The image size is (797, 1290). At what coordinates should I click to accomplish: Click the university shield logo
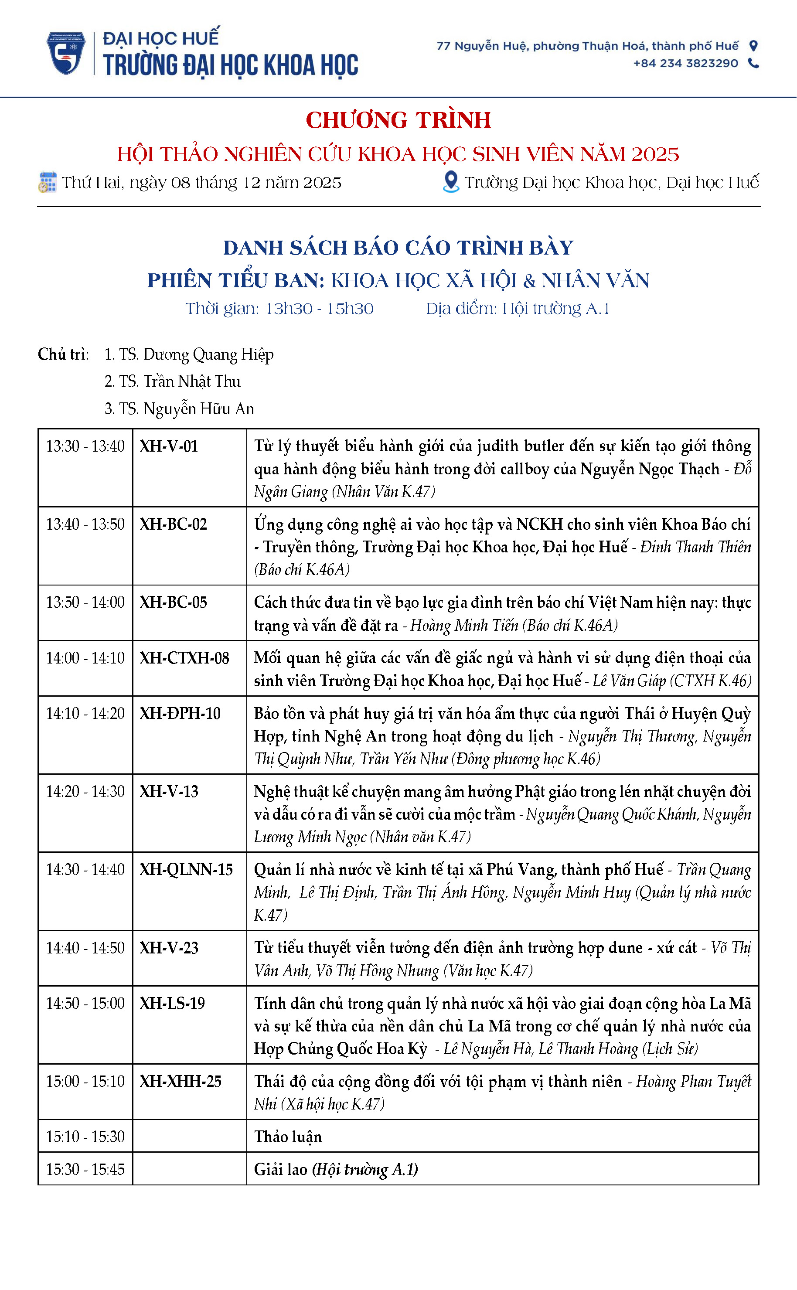click(66, 53)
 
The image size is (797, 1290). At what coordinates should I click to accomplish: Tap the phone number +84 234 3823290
click(685, 63)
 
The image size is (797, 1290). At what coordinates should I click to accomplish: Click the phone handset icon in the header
click(754, 63)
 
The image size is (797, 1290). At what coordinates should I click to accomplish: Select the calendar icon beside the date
click(48, 182)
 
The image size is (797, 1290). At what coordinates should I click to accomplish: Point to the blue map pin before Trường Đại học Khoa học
click(451, 182)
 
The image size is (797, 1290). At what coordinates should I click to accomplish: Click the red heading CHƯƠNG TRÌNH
click(398, 120)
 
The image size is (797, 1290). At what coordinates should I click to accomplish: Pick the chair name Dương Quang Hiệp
click(208, 354)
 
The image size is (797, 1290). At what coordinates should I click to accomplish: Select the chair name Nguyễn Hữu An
click(199, 409)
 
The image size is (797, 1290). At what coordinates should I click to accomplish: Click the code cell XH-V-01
click(169, 446)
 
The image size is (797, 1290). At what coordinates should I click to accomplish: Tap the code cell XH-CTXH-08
click(184, 658)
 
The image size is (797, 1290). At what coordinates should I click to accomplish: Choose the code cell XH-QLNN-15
click(186, 869)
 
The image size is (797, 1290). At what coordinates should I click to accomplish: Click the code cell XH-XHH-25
click(180, 1081)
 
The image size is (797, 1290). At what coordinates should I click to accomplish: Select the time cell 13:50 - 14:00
click(85, 602)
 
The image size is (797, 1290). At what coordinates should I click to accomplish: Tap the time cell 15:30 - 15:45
click(85, 1169)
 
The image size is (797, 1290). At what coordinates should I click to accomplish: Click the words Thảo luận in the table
click(288, 1137)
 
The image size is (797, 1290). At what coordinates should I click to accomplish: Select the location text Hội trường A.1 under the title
click(555, 309)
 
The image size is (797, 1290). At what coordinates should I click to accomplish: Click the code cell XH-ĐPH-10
click(180, 714)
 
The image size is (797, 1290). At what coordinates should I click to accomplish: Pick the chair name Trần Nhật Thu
click(192, 381)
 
